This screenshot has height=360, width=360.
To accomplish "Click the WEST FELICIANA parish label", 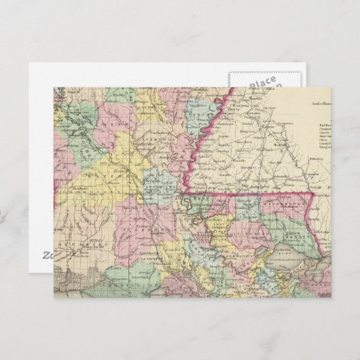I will (x=204, y=204).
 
